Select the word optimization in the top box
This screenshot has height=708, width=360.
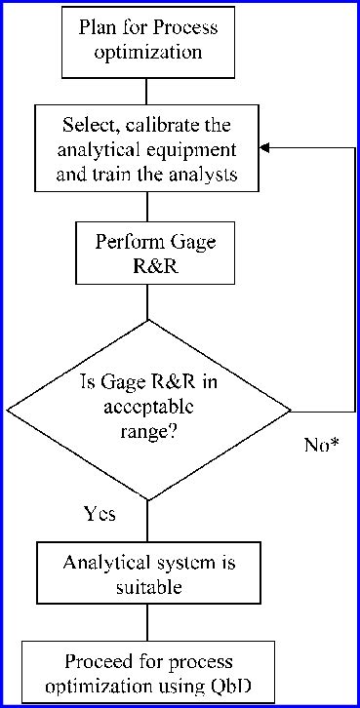147,53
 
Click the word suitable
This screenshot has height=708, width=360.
146,588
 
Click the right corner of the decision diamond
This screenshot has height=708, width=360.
290,409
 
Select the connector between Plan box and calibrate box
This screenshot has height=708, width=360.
146,91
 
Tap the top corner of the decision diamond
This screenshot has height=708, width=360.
146,321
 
